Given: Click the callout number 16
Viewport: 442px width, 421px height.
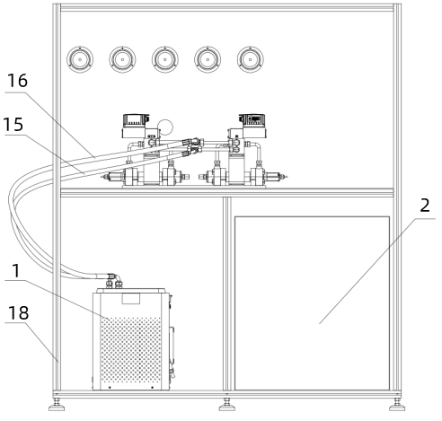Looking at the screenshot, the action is [17, 81].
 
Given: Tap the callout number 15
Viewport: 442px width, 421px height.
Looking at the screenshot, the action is [13, 125].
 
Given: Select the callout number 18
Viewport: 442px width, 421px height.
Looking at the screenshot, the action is [18, 312].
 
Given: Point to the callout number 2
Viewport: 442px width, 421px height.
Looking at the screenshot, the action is [425, 206].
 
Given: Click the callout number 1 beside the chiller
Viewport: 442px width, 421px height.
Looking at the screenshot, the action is [16, 271].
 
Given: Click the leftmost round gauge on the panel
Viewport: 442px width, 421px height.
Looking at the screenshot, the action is [80, 59].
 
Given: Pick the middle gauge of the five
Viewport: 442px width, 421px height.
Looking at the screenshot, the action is [165, 59].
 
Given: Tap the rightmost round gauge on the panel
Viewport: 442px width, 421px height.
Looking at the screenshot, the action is [251, 59].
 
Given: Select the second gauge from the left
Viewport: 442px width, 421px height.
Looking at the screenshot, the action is [122, 59].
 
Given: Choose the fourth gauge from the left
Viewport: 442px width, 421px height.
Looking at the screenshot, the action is [208, 59].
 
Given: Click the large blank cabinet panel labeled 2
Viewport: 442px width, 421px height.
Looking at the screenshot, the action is [312, 303].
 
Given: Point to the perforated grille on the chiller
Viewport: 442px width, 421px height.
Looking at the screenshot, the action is [131, 350].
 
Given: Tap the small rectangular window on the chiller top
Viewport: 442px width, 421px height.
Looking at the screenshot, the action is [131, 299].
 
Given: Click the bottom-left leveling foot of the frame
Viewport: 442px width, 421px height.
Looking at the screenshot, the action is [57, 405].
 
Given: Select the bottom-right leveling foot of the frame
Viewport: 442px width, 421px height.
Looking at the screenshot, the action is [397, 405].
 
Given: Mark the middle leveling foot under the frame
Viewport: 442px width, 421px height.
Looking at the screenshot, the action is [227, 405].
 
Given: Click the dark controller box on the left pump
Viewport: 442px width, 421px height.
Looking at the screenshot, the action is [136, 119].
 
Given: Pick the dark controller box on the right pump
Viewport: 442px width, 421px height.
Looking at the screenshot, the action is [252, 119].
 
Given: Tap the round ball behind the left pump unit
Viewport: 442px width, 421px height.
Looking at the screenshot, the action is [165, 127].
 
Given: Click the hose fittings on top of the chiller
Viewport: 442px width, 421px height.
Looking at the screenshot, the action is [114, 281].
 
